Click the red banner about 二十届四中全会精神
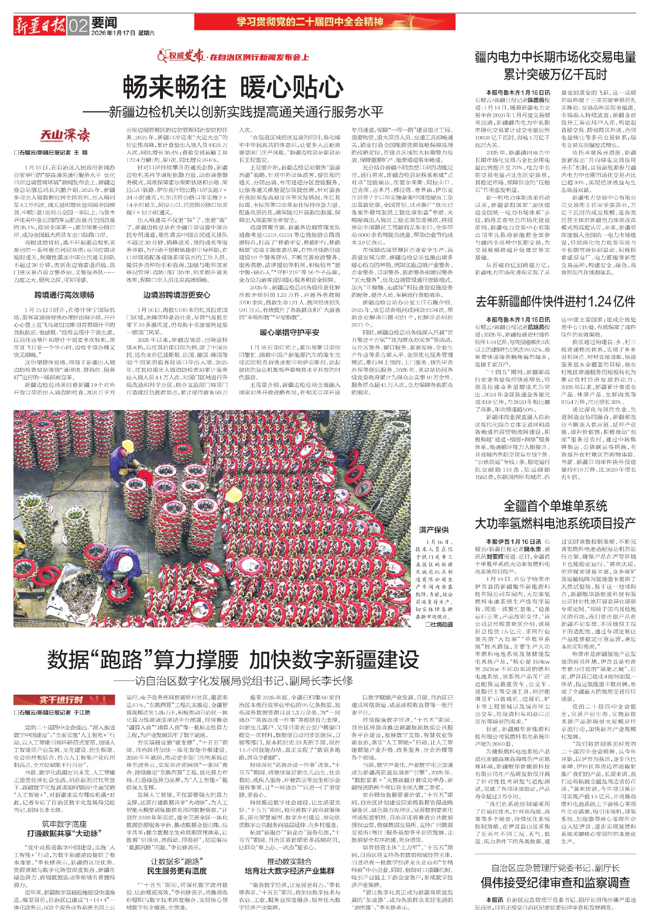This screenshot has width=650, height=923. coord(324,22)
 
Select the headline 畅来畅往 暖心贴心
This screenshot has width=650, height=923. coord(233,87)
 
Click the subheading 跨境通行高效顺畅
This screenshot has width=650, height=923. coord(64,295)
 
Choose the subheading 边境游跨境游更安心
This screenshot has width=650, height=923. coord(177,295)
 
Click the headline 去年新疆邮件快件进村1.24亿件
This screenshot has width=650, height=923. coord(556,301)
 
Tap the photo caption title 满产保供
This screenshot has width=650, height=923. coord(434,530)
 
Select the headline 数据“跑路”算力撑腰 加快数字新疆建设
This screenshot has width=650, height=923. coord(233,660)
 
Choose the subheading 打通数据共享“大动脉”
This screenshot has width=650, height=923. coord(64,833)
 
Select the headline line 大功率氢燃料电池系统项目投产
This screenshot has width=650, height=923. coord(556,523)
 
